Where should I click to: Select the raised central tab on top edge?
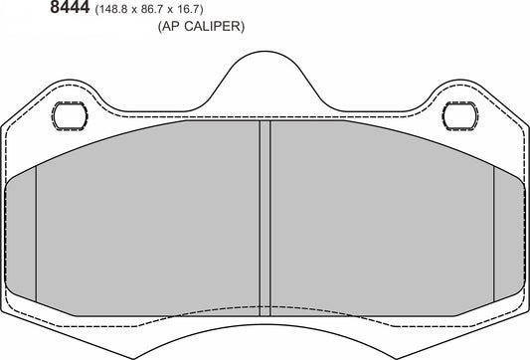pos(265,80)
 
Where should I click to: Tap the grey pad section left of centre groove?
pos(149,219)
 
